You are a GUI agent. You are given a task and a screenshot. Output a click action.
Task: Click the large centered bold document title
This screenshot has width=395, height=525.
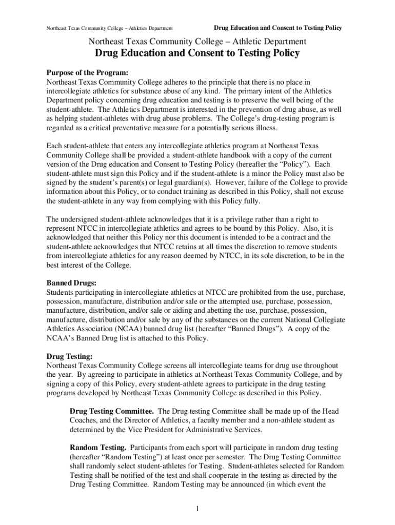(197, 54)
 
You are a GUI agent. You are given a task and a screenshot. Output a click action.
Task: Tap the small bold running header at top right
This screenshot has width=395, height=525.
(278, 27)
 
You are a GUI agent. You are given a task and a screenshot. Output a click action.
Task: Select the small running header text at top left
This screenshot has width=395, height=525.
(109, 28)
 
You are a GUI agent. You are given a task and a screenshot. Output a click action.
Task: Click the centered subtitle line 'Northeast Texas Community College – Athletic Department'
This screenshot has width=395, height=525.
(197, 41)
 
